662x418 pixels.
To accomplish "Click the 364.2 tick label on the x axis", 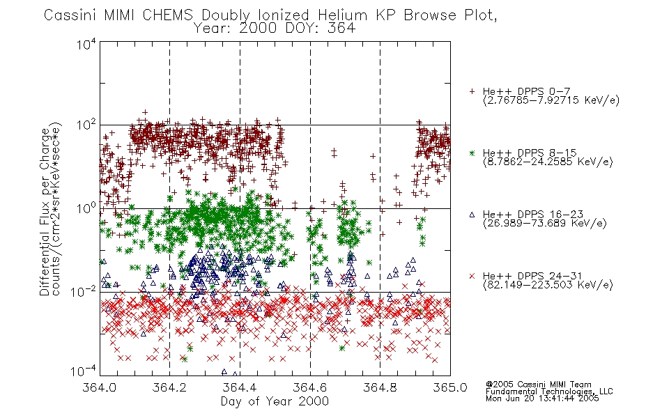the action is (169, 387).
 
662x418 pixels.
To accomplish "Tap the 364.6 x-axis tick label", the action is (310, 387).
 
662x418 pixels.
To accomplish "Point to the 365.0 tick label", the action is (450, 387).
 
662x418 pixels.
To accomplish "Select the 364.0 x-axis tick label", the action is (99, 387).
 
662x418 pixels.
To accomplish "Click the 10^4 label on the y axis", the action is (86, 45).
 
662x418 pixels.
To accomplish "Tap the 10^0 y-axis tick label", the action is (86, 208).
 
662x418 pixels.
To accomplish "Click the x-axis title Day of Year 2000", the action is (275, 401).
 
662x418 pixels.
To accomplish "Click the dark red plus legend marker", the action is (472, 91).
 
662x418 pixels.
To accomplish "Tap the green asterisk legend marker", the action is (472, 153).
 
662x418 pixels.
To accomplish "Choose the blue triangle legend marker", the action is (472, 215).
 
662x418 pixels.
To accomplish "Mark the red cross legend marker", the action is (472, 276).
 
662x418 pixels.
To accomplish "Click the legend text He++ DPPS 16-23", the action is (533, 215).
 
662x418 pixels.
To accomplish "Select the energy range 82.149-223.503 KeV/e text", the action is (548, 285).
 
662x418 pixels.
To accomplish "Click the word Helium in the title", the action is (342, 15).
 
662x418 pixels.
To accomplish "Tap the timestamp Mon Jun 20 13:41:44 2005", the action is (542, 398).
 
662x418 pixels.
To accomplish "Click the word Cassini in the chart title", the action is (71, 15).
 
